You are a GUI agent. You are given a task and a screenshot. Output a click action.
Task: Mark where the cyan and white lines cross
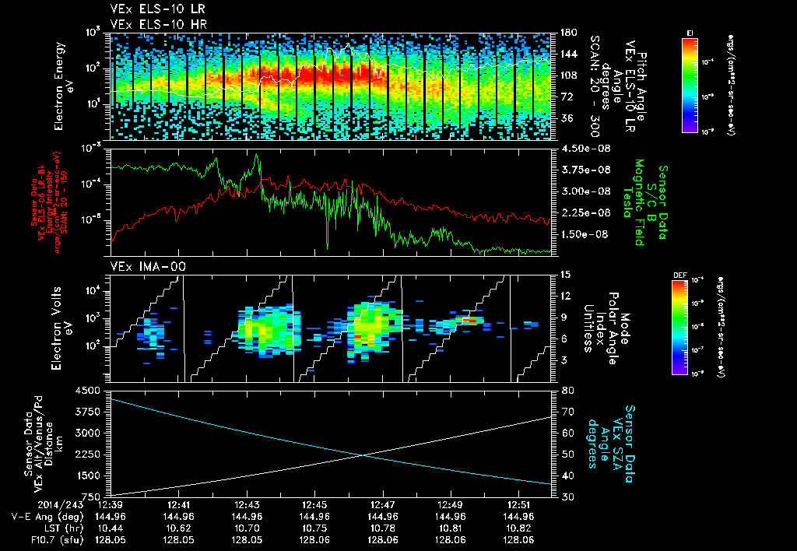click(362, 456)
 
